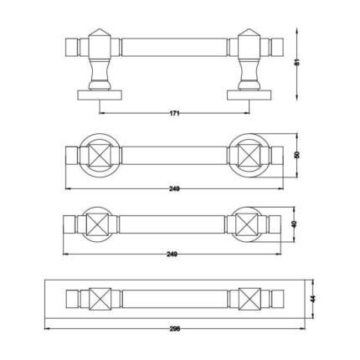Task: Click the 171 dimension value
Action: (174, 113)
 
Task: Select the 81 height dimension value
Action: (297, 63)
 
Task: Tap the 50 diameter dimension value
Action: (297, 155)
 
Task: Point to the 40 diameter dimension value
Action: (293, 224)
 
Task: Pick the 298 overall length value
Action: (175, 329)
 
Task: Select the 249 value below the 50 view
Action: (174, 188)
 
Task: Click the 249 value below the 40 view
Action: (172, 254)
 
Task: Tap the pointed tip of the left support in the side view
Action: (100, 28)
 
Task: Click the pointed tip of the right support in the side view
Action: (249, 28)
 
